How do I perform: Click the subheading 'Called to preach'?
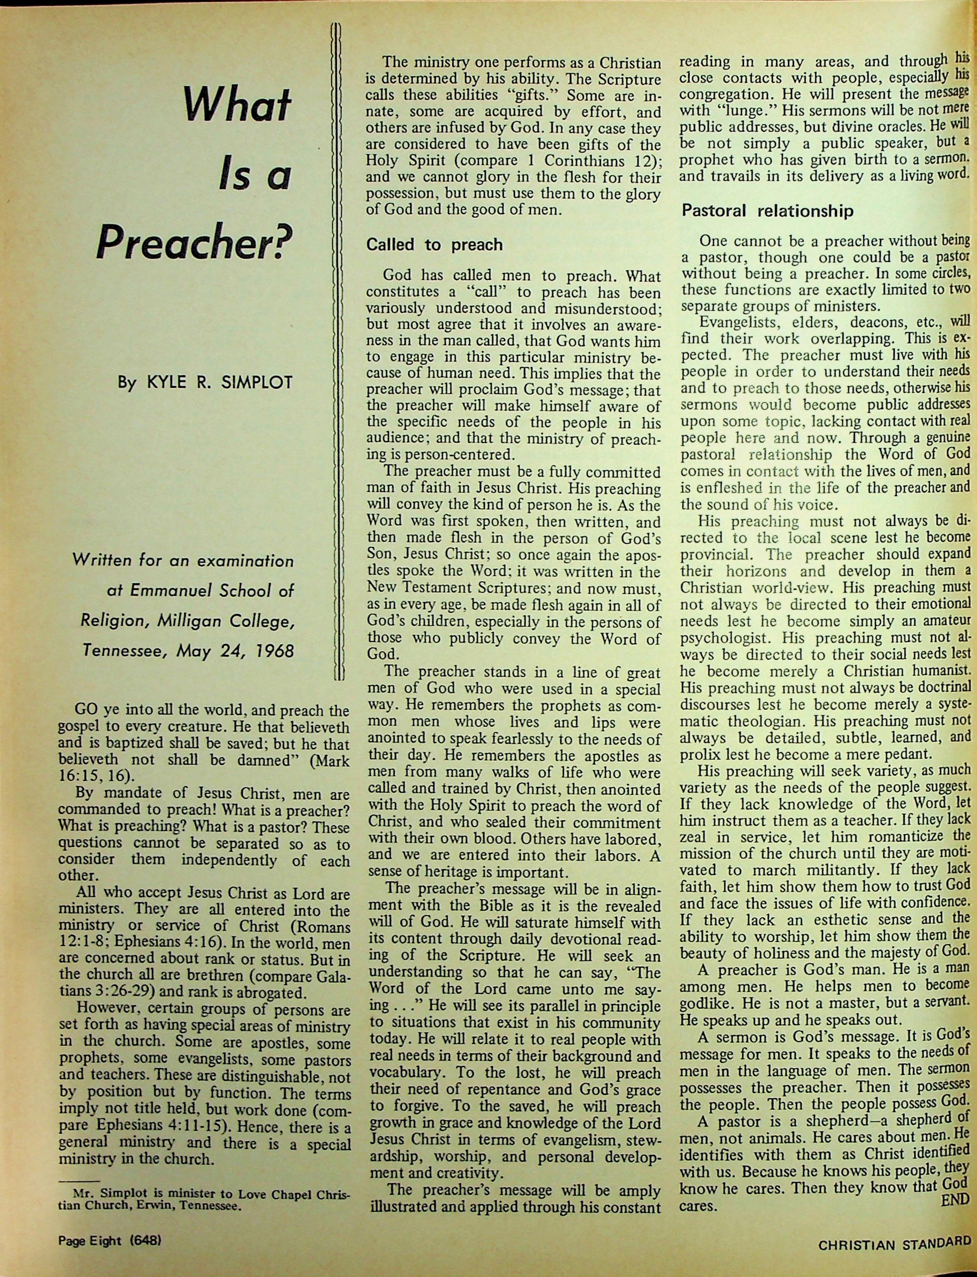pyautogui.click(x=434, y=245)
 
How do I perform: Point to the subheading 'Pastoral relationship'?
pyautogui.click(x=767, y=211)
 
